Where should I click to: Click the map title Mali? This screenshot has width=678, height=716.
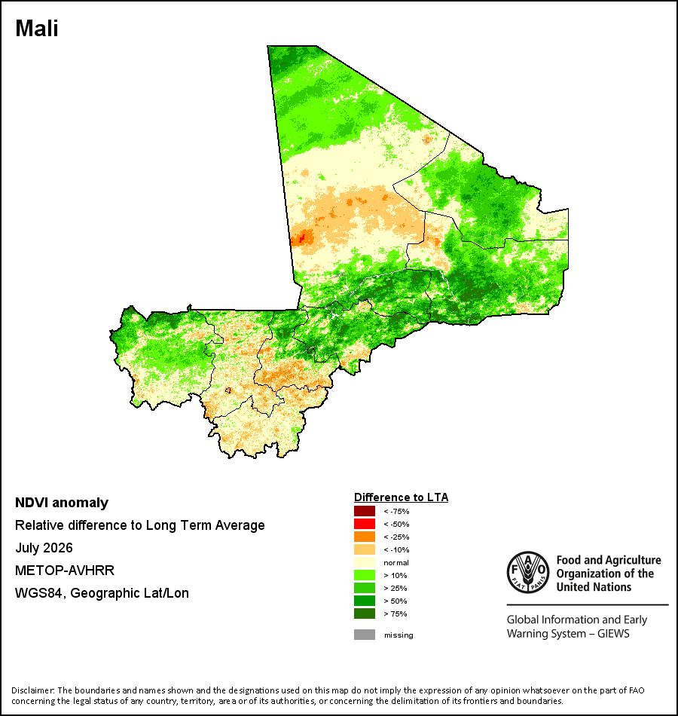point(36,29)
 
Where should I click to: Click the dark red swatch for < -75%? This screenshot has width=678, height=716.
point(365,511)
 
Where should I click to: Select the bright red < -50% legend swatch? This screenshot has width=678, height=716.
point(365,524)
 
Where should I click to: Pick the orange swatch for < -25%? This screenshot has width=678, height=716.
point(365,537)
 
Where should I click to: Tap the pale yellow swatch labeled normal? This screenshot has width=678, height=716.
point(365,562)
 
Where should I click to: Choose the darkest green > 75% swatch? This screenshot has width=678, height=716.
point(365,613)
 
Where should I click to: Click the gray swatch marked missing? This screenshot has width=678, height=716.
point(365,635)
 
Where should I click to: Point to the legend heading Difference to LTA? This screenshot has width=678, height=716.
point(401,497)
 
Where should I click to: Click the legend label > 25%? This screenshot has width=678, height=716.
point(395,588)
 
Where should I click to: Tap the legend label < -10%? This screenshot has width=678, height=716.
point(396,549)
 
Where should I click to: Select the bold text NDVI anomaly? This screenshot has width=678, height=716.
point(62,503)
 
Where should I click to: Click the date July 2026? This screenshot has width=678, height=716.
point(44,547)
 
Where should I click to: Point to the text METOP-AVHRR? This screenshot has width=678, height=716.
point(65,571)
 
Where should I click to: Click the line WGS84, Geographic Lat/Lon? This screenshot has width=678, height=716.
point(102,593)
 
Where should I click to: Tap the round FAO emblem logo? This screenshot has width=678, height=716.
point(528,573)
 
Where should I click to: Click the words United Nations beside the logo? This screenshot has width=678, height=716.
point(594,587)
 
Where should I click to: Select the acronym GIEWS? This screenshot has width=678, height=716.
point(614,634)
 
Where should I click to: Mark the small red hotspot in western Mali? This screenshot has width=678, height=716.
point(301,238)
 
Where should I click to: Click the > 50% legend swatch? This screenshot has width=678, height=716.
point(365,601)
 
